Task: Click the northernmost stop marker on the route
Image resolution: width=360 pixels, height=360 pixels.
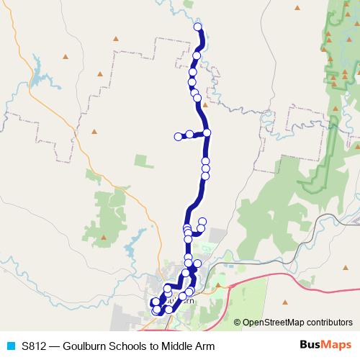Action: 198,27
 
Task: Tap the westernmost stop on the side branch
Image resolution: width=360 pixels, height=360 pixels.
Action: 178,136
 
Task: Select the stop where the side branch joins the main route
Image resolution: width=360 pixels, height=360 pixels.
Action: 207,132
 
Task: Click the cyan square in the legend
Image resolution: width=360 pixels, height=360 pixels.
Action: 10,346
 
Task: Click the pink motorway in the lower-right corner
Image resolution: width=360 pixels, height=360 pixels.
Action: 317,271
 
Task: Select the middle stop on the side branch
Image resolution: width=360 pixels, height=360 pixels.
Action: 189,134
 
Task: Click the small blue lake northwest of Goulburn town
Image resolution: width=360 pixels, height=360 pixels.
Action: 130,251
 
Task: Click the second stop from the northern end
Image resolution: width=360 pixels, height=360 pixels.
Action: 197,55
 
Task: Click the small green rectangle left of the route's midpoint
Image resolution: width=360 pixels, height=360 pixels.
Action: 91,174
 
